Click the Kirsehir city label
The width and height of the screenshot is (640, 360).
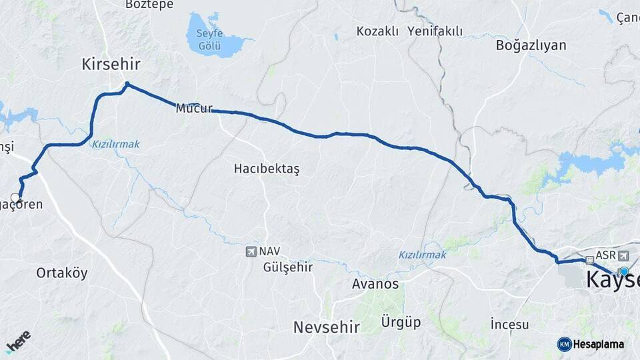(x=111, y=64)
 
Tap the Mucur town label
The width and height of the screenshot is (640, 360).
(x=193, y=108)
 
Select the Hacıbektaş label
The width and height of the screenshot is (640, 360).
(x=267, y=169)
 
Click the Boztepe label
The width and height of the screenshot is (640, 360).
(x=149, y=5)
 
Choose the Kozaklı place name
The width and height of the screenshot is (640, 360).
(x=377, y=31)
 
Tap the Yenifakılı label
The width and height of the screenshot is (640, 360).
(x=435, y=31)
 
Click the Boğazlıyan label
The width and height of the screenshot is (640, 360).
(x=531, y=45)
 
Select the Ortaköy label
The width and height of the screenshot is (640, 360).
(x=62, y=273)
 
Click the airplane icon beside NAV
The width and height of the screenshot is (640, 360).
(x=251, y=251)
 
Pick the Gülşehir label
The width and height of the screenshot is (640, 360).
(x=288, y=267)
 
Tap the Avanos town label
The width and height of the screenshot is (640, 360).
(x=375, y=284)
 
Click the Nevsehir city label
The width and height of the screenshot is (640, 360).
(x=327, y=327)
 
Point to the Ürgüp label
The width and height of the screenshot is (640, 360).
(x=400, y=323)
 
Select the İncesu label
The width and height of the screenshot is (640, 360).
(x=509, y=325)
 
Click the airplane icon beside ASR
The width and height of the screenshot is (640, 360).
(x=623, y=255)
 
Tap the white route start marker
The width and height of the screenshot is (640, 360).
(x=16, y=198)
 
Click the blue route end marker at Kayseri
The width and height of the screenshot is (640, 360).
(x=623, y=271)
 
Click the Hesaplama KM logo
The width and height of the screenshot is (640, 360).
(x=591, y=344)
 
